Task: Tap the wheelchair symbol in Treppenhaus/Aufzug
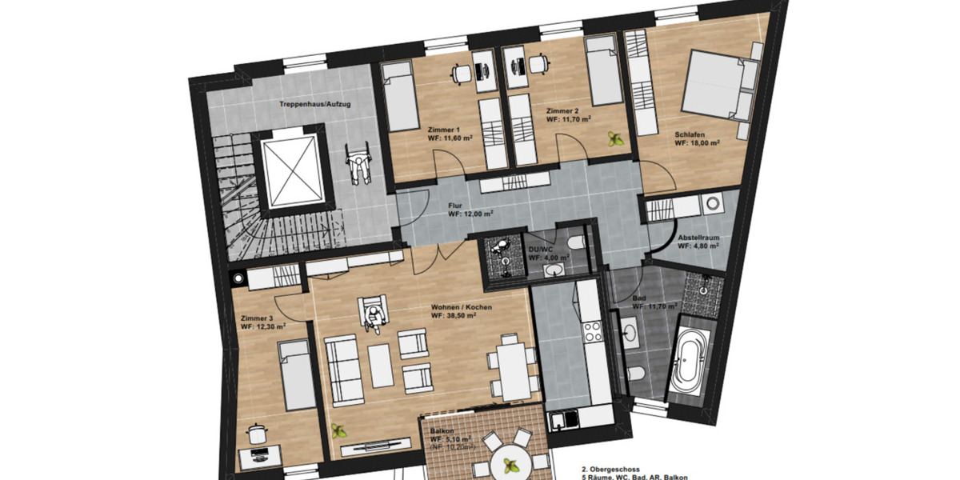click(360, 166)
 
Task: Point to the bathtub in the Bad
click(688, 358)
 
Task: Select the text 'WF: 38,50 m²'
click(455, 316)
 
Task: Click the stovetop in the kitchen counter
click(594, 330)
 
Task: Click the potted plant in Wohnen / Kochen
click(339, 429)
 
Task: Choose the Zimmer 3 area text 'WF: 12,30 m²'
click(263, 327)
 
